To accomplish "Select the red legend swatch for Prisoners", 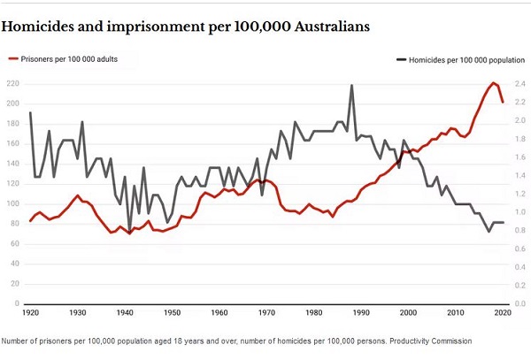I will pyautogui.click(x=13, y=59).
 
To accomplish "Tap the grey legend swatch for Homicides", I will pyautogui.click(x=401, y=59).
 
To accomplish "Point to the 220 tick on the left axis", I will pyautogui.click(x=13, y=84).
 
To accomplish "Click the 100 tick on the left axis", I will pyautogui.click(x=13, y=204).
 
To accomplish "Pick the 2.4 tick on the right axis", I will pyautogui.click(x=521, y=84).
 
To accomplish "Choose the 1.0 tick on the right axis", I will pyautogui.click(x=521, y=212).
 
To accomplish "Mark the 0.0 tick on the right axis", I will pyautogui.click(x=521, y=304).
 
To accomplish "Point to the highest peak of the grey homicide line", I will pyautogui.click(x=351, y=85).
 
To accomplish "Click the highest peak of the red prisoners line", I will pyautogui.click(x=493, y=83).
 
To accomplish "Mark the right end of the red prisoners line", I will pyautogui.click(x=503, y=103).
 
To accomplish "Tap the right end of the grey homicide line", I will pyautogui.click(x=503, y=222).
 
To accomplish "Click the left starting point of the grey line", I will pyautogui.click(x=30, y=112).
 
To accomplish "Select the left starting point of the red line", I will pyautogui.click(x=30, y=220).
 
